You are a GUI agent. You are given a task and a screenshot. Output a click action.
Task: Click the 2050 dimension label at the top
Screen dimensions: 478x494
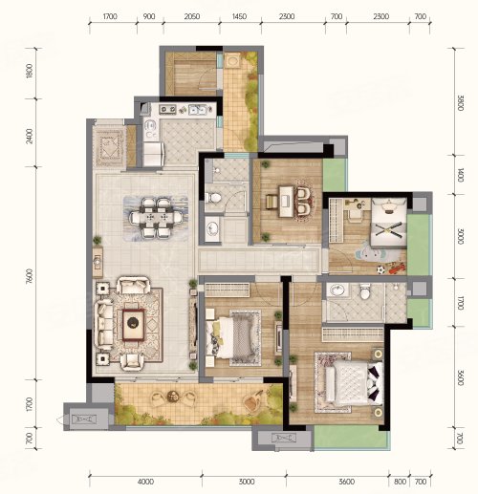click(192, 16)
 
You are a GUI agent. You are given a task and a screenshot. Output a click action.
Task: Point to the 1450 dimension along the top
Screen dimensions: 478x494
click(239, 16)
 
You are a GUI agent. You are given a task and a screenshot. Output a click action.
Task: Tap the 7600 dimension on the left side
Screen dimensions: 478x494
click(29, 276)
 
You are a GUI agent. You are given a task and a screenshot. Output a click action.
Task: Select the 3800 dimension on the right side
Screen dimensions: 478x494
click(460, 102)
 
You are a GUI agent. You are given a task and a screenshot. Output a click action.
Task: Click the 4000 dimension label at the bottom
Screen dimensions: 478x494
click(145, 482)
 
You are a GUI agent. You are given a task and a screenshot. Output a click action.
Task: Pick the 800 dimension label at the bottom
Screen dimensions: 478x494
click(400, 482)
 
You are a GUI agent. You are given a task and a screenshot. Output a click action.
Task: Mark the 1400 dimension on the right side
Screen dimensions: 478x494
click(460, 175)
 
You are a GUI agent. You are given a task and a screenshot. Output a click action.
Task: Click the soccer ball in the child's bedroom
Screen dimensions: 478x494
click(380, 269)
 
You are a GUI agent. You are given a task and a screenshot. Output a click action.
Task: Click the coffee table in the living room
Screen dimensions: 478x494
click(134, 324)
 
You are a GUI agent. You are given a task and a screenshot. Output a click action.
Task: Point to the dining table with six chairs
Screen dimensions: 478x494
click(156, 218)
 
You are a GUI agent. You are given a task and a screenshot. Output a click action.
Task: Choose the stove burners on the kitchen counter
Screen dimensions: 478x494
click(168, 110)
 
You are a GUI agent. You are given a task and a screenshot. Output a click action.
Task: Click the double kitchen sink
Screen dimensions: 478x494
click(198, 110)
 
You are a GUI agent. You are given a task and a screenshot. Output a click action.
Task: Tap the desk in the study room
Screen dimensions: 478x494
click(287, 202)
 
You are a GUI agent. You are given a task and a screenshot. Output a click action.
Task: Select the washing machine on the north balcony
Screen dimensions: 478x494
click(232, 60)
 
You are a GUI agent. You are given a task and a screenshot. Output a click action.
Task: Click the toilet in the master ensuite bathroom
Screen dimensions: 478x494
click(365, 291)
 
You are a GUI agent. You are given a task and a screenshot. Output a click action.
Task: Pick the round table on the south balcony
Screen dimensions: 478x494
click(172, 396)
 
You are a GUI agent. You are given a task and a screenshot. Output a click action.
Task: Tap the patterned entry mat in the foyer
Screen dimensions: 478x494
click(110, 145)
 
